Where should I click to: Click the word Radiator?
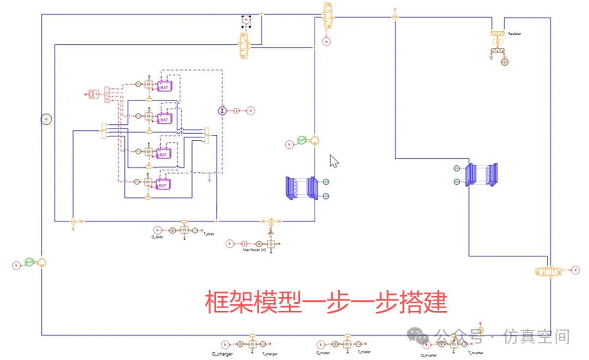coord(514,34)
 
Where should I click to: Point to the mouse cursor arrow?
coord(334,161)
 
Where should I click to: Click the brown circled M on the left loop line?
coord(46,118)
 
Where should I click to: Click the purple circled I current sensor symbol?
coord(222,111)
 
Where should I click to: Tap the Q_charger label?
coord(223,355)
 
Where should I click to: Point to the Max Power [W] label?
coord(254,250)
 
